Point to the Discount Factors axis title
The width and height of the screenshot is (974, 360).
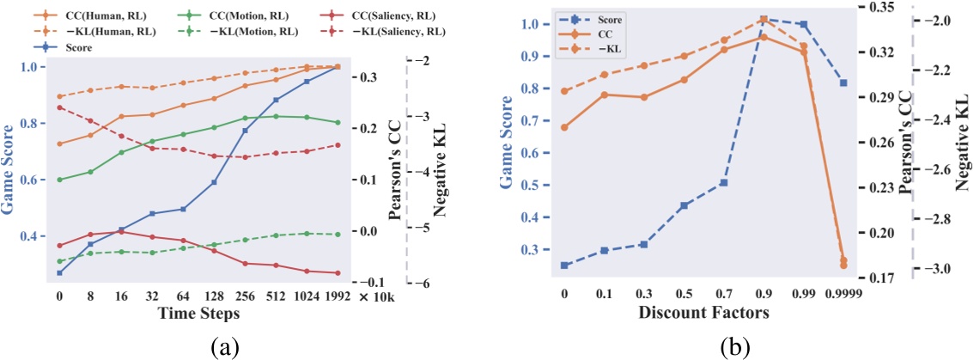(703, 314)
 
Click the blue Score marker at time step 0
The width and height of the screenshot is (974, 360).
(59, 273)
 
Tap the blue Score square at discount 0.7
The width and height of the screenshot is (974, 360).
(724, 183)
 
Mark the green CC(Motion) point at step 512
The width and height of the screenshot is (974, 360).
(276, 117)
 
